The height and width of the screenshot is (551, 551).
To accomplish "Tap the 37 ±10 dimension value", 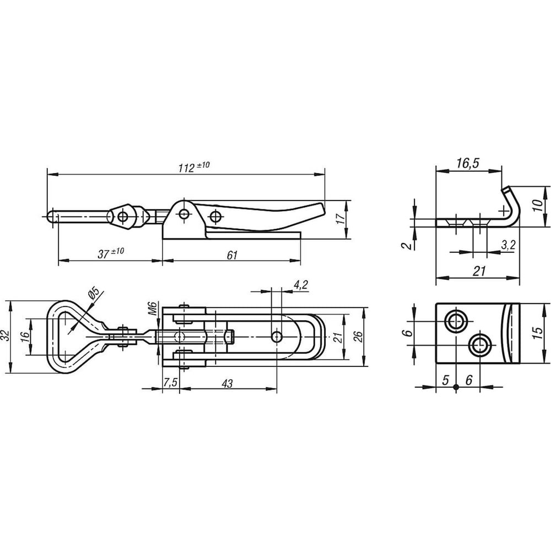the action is pyautogui.click(x=111, y=253).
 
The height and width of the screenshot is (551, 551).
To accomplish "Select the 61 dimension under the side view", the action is pyautogui.click(x=232, y=255).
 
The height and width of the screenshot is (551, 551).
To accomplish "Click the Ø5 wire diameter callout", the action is pyautogui.click(x=94, y=293).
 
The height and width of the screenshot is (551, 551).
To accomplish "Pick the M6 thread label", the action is pyautogui.click(x=152, y=308).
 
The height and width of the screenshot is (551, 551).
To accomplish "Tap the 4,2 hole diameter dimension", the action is pyautogui.click(x=300, y=284).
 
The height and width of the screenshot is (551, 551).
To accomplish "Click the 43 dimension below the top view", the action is pyautogui.click(x=228, y=383).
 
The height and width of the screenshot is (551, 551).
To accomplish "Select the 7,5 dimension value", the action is pyautogui.click(x=170, y=382).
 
